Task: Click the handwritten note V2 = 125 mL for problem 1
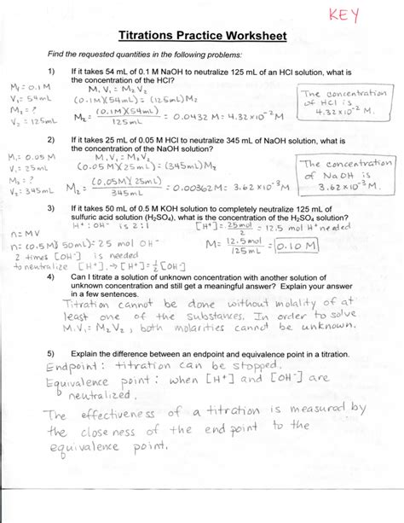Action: (27, 121)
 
